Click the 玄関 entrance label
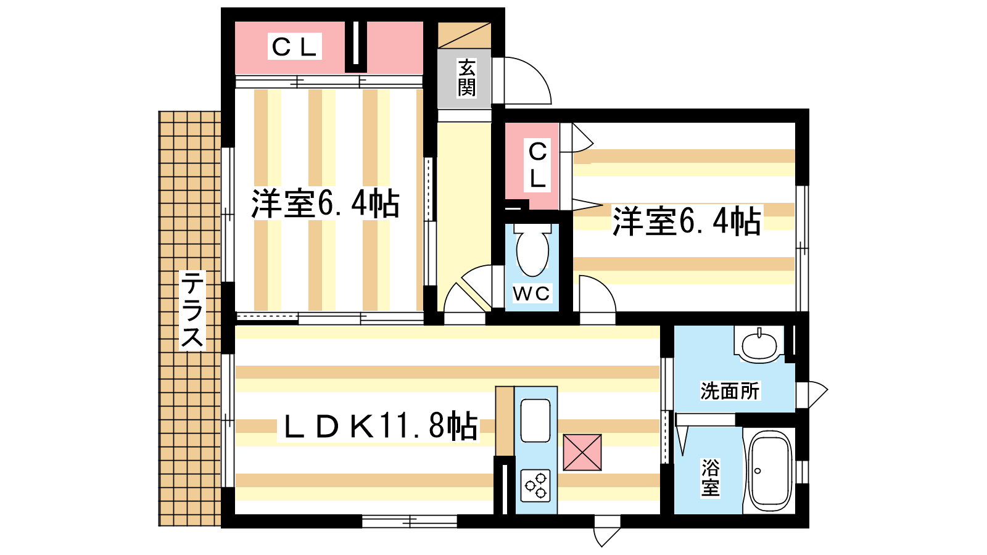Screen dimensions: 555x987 466,78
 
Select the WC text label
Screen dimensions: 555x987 531,294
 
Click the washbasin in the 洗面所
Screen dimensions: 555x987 759,345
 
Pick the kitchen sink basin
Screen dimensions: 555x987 535,420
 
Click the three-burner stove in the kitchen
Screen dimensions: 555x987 535,484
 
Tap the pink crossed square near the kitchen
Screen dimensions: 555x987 582,452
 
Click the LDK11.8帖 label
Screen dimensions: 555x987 379,425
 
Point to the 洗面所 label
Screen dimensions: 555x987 730,390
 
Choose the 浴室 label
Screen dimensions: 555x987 711,478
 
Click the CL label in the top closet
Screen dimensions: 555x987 294,47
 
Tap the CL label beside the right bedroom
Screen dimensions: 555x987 537,165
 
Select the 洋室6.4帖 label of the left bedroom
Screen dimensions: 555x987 325,203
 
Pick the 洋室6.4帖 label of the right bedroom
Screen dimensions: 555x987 686,221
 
